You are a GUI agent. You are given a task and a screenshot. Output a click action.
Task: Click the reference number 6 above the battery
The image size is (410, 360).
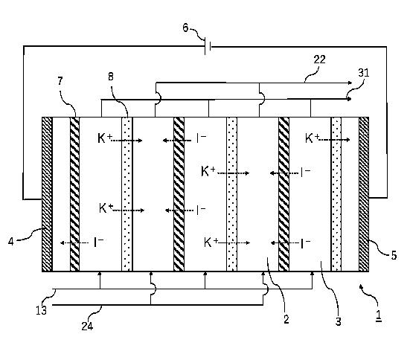point(185,28)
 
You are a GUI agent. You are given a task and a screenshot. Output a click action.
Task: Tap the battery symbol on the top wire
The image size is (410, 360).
point(208,46)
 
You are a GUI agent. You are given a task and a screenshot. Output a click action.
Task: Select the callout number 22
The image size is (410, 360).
point(319,60)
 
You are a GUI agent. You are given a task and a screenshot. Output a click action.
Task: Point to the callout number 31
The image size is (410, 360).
point(363,72)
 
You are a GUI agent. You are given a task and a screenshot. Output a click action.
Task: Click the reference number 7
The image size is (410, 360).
point(60,81)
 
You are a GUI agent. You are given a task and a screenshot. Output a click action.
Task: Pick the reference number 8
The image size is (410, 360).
point(111,77)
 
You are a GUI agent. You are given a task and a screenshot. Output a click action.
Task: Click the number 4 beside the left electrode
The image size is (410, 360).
point(10,241)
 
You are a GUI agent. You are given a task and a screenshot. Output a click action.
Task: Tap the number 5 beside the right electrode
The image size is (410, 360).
point(394,255)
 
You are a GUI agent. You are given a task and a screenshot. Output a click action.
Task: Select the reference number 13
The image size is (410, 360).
point(42,310)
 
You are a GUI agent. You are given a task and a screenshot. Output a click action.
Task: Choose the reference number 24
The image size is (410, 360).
point(87,326)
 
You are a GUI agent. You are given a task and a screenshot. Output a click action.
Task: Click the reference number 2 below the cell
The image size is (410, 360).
point(286,319)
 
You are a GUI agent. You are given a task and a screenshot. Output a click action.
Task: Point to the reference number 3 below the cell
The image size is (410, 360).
point(339,321)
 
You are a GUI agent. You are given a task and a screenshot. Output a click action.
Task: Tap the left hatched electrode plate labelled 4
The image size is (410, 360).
point(48,194)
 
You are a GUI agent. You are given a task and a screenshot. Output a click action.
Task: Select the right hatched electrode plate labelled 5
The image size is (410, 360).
point(364,194)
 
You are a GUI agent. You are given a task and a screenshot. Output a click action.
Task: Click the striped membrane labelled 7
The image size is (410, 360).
point(75,194)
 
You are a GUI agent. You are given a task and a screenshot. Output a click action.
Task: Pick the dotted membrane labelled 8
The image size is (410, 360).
point(127,194)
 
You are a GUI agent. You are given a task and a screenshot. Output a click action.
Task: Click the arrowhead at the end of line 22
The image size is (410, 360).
point(350,83)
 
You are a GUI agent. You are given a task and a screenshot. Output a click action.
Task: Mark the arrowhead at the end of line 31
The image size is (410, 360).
point(348,99)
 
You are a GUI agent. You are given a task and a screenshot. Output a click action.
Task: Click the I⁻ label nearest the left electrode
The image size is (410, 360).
point(98,242)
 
